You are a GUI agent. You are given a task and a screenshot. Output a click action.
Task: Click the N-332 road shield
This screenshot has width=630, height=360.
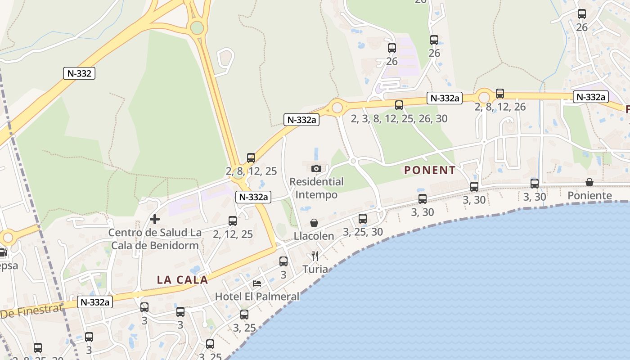(x=79, y=73)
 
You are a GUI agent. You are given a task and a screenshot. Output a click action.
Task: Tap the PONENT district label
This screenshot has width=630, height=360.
(x=430, y=170)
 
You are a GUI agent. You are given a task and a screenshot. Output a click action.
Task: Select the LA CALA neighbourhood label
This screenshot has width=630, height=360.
(x=182, y=279)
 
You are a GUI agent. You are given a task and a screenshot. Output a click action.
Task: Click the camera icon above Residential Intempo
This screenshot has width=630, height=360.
(x=316, y=168)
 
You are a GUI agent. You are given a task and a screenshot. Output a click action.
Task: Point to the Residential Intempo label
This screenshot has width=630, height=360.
(x=316, y=188)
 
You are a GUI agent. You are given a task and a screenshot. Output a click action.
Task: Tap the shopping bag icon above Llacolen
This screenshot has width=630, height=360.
(x=314, y=223)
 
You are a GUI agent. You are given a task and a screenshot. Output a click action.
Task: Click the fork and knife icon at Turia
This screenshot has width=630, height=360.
(x=315, y=256)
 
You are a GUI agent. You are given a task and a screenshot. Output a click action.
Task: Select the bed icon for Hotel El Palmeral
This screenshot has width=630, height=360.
(x=257, y=283)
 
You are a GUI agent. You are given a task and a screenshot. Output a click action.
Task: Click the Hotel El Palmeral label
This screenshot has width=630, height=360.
(x=257, y=296)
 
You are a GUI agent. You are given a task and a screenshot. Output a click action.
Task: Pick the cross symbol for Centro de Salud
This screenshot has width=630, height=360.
(x=155, y=219)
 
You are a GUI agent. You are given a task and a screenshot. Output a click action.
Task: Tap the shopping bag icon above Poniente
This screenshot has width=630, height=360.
(x=589, y=182)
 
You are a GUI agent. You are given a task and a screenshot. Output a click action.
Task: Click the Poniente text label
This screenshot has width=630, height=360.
(x=589, y=195)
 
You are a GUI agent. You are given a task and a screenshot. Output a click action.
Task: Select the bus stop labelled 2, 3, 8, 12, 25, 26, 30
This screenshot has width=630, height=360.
(x=399, y=105)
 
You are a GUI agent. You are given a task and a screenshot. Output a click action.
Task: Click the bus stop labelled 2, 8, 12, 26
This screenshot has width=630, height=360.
(x=500, y=94)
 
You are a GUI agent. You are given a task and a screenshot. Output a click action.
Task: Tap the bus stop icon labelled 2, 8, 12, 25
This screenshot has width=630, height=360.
(x=251, y=158)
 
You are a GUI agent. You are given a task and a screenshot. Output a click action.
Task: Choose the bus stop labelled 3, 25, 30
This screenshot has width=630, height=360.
(x=363, y=219)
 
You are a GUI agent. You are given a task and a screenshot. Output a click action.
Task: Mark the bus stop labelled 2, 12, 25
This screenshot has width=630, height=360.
(x=233, y=221)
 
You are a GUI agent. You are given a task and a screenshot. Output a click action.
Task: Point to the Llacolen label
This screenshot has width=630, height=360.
(x=314, y=236)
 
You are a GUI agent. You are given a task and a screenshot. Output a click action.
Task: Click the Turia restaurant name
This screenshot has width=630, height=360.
(x=315, y=269)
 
